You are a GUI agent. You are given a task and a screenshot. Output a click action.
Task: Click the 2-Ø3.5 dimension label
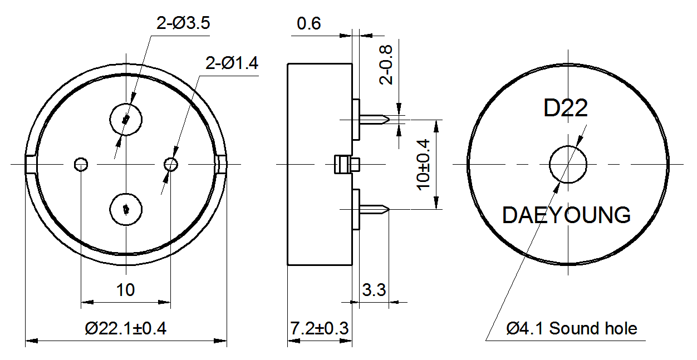pos(183,23)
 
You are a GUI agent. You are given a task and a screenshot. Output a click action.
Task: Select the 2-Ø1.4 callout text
pos(232,63)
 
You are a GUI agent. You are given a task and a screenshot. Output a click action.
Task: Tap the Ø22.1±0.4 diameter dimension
pos(126,328)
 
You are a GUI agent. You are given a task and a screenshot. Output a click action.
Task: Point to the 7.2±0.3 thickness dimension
pos(319,328)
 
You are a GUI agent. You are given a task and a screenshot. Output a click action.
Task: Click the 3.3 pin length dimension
pos(374,290)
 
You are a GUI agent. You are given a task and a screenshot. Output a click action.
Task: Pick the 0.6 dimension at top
pos(308,23)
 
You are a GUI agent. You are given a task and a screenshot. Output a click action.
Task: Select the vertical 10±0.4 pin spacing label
pos(423,165)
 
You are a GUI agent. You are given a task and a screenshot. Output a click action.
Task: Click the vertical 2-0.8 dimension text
pos(386,65)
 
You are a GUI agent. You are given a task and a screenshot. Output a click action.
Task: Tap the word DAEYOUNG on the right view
pos(566,215)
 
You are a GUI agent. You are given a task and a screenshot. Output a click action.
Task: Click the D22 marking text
pos(566,108)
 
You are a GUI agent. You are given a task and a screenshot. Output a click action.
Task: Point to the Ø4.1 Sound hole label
pos(572,328)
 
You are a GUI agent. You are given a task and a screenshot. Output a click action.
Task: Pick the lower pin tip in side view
pos(389,210)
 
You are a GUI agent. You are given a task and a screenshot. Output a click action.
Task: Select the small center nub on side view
pos(347,165)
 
